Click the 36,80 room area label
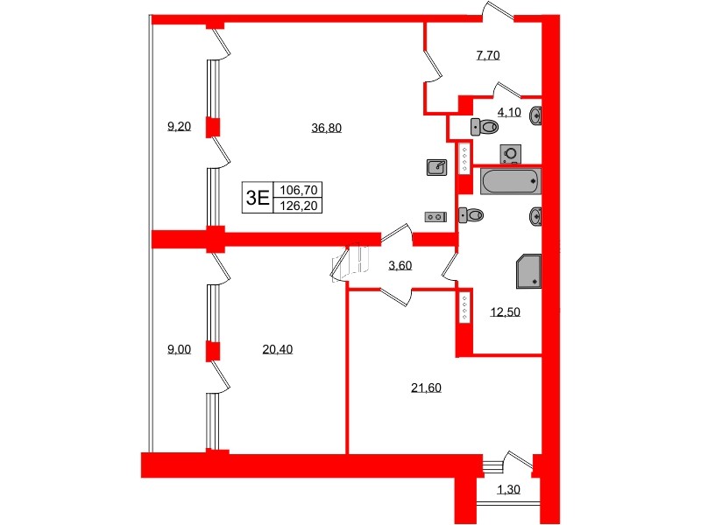pyautogui.click(x=326, y=128)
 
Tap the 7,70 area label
pyautogui.click(x=487, y=56)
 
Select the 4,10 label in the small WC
pyautogui.click(x=508, y=111)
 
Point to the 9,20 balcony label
pyautogui.click(x=179, y=126)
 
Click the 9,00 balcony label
pyautogui.click(x=179, y=350)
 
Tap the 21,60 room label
pyautogui.click(x=426, y=388)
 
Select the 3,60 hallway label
pyautogui.click(x=400, y=266)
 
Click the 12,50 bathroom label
pyautogui.click(x=505, y=311)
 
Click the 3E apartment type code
pyautogui.click(x=257, y=197)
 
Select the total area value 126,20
pyautogui.click(x=299, y=206)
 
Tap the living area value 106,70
pyautogui.click(x=299, y=189)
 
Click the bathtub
pyautogui.click(x=510, y=182)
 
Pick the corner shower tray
pyautogui.click(x=529, y=271)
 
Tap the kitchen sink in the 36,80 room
pyautogui.click(x=436, y=166)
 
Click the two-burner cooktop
pyautogui.click(x=435, y=216)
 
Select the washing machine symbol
pyautogui.click(x=510, y=154)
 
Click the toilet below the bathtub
pyautogui.click(x=471, y=213)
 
